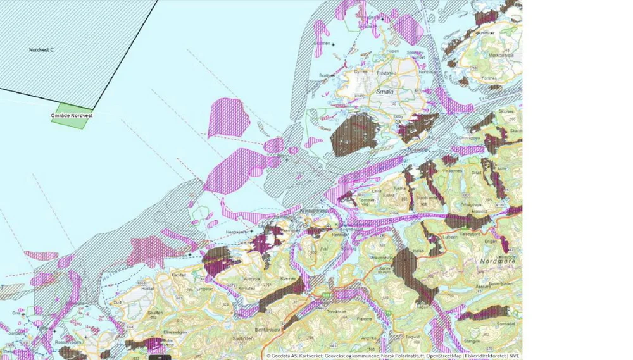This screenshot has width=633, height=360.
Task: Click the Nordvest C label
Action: (x=41, y=49)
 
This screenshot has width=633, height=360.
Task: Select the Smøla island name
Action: (x=385, y=91)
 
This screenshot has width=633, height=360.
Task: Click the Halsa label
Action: (x=418, y=251)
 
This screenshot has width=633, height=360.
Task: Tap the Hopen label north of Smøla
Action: (x=392, y=50)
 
